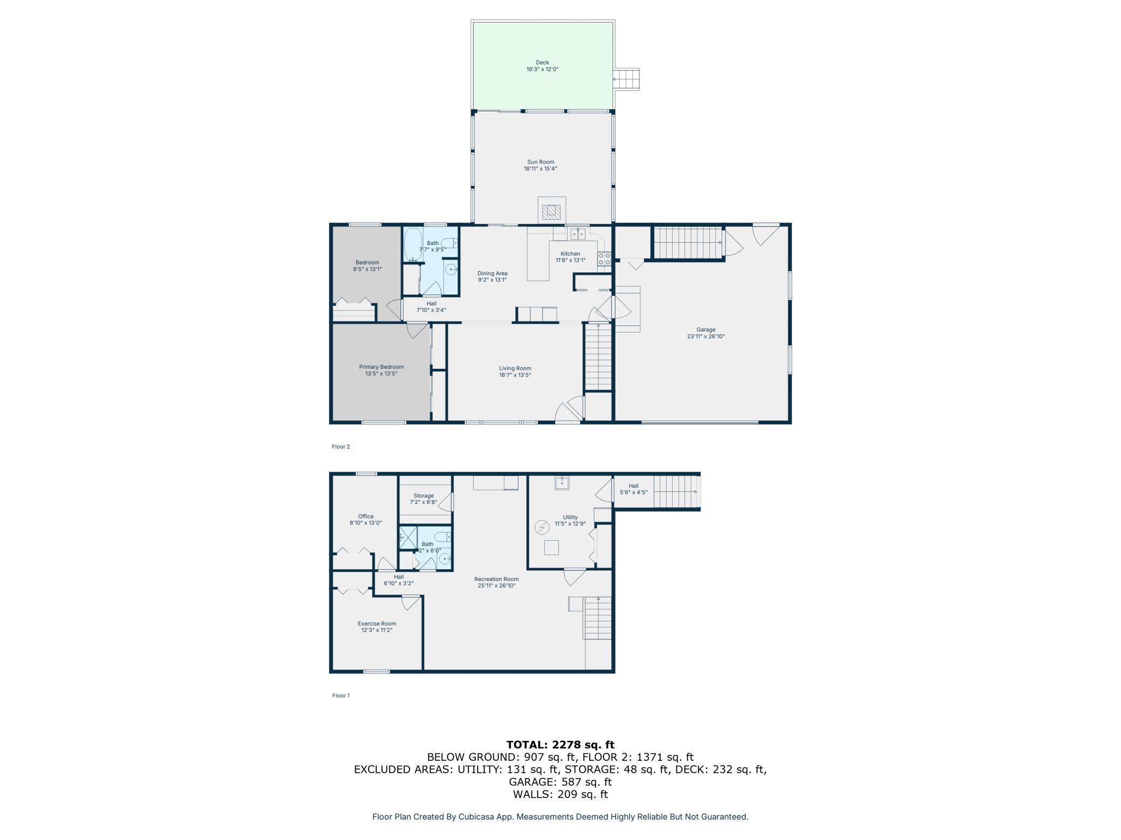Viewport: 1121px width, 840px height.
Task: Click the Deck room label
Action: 542,62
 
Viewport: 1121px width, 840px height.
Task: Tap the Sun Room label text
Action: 541,162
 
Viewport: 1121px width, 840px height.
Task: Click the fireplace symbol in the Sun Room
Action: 551,212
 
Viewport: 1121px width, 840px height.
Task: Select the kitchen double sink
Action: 578,234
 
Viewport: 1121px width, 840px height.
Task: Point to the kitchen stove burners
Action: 604,259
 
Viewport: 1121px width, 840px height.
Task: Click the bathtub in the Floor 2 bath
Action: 413,245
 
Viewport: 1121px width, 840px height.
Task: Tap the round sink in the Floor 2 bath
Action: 451,269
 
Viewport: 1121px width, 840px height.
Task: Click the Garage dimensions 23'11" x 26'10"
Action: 705,337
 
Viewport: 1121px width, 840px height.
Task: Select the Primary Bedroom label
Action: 381,367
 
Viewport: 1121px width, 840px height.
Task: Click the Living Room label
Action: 515,368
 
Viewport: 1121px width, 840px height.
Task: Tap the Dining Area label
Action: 492,273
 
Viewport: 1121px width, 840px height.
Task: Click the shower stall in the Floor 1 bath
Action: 407,537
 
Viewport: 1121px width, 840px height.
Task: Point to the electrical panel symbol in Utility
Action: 542,527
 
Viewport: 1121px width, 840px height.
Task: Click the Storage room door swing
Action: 446,502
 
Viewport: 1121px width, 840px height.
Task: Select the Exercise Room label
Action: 377,624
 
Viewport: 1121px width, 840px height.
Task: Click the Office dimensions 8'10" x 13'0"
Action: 365,523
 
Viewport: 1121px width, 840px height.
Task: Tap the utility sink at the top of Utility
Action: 563,482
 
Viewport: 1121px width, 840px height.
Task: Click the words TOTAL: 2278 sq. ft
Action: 560,745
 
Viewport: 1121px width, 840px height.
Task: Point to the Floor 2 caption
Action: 341,446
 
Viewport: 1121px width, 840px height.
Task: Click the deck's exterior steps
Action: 626,79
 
